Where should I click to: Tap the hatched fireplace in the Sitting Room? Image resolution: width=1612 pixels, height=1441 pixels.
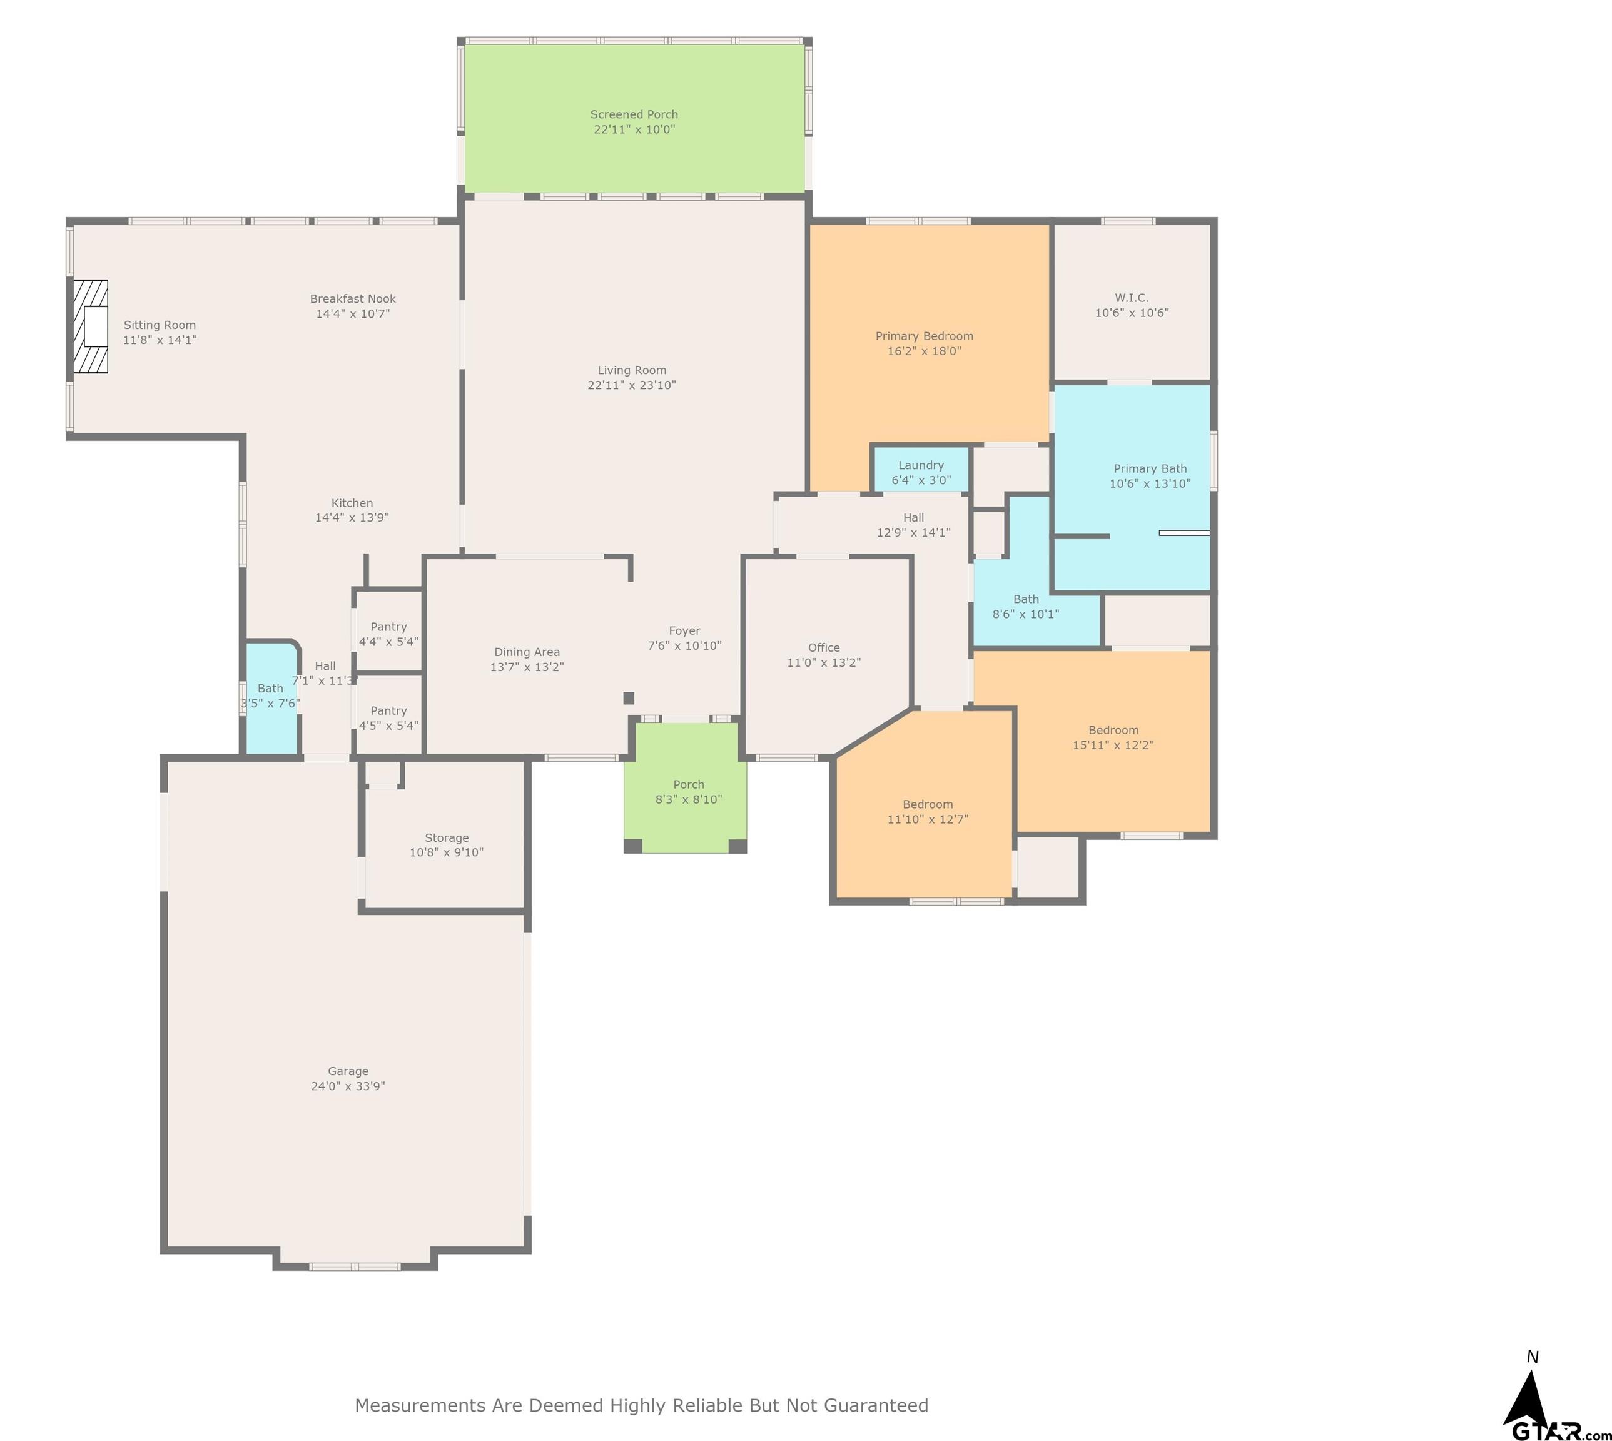coord(90,326)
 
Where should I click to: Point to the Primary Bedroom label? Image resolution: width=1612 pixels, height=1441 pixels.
coord(924,336)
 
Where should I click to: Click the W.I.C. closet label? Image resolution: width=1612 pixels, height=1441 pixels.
coord(1130,298)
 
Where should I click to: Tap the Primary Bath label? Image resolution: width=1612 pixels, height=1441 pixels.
coord(1150,468)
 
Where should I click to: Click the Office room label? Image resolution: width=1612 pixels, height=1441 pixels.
coord(823,648)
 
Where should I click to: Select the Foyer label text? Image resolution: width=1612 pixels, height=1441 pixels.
coord(684,631)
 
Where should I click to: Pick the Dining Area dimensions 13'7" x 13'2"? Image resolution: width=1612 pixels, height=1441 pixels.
coord(527,667)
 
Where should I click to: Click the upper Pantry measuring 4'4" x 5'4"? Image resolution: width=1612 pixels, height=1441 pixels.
coord(388,634)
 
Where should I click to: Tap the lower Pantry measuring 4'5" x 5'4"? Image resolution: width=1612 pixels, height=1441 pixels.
coord(388,718)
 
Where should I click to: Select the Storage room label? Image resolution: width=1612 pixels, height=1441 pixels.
coord(447,837)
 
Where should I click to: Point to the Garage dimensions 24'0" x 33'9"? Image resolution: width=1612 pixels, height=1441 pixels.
coord(348,1086)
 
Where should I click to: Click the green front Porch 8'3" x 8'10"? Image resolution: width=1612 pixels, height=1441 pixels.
coord(688,792)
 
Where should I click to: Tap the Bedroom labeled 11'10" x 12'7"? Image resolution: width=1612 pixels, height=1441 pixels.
coord(927,812)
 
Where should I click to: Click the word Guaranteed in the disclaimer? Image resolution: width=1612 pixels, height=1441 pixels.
coord(876,1405)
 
